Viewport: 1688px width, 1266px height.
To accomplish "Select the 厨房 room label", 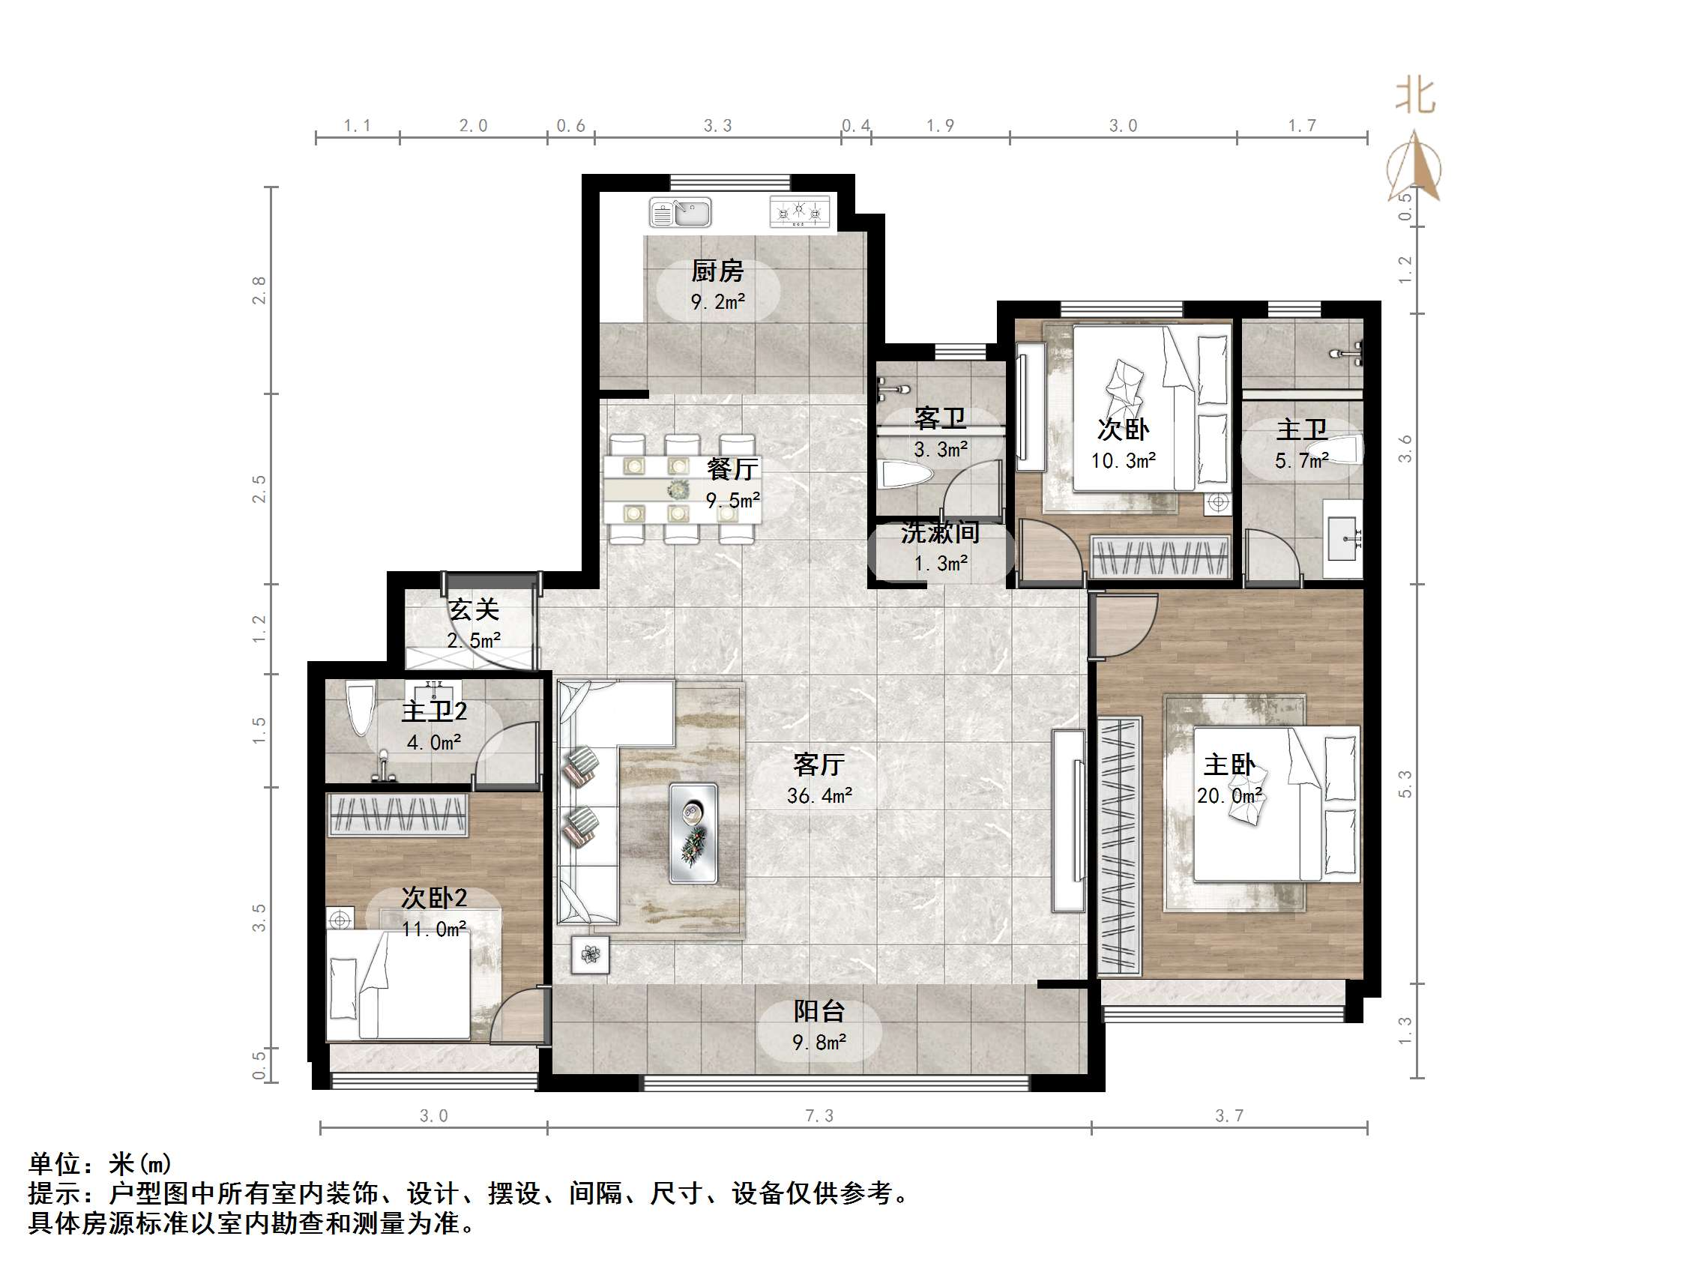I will pos(717,271).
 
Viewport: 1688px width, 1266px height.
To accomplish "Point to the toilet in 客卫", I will pos(906,476).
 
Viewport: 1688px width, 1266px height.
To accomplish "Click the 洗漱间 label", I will pos(940,533).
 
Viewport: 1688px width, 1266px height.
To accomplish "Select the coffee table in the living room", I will pos(693,834).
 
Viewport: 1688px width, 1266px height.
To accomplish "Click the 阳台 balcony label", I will pos(819,1011).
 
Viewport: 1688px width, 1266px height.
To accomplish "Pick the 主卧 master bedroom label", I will pos(1229,765).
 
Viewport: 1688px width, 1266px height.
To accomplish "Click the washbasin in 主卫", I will pos(1343,538).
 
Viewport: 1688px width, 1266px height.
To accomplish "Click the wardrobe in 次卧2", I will pos(397,815).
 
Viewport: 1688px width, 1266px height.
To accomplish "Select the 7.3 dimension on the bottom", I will pos(819,1116).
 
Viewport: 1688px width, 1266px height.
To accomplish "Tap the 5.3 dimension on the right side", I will pos(1405,785).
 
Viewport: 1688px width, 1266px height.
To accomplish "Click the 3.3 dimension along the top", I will pos(717,126).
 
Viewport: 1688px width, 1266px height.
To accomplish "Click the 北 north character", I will pos(1415,97).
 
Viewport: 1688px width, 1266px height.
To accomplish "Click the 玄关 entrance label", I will pos(474,609).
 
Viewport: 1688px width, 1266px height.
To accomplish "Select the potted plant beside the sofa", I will pos(591,954).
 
